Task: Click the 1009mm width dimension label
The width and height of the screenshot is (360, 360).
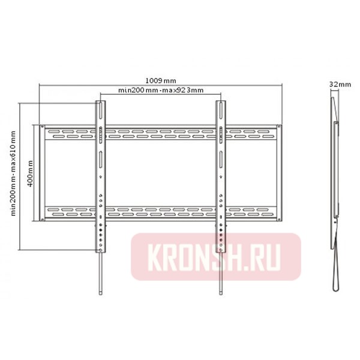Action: (x=161, y=80)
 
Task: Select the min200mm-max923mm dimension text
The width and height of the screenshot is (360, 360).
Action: (x=161, y=91)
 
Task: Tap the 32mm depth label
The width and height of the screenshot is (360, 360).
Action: (x=340, y=85)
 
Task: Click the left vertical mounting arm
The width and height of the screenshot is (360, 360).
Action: (x=100, y=174)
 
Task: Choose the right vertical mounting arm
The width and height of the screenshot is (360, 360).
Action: (x=221, y=174)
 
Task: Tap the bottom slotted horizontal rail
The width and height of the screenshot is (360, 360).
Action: (x=161, y=211)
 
